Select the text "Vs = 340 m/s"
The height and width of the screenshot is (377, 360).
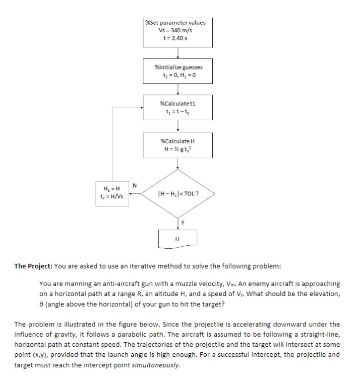[175, 30]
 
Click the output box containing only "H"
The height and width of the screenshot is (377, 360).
[177, 238]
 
